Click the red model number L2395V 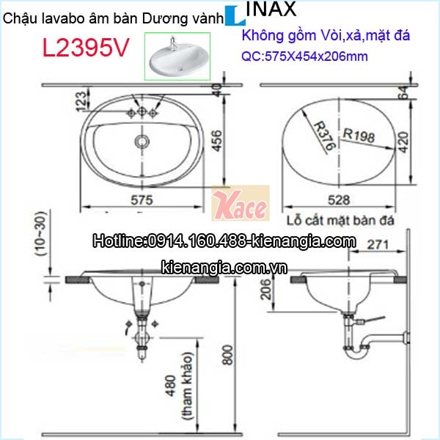coord(85,48)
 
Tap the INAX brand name coord(271,9)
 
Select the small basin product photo coord(177,56)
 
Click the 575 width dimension coord(142,200)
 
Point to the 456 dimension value coord(217,141)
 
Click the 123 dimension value coord(81,101)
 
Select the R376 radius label coord(325,136)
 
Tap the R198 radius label coord(359,136)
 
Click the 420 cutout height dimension coord(403,142)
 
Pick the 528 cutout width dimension coord(340,200)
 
